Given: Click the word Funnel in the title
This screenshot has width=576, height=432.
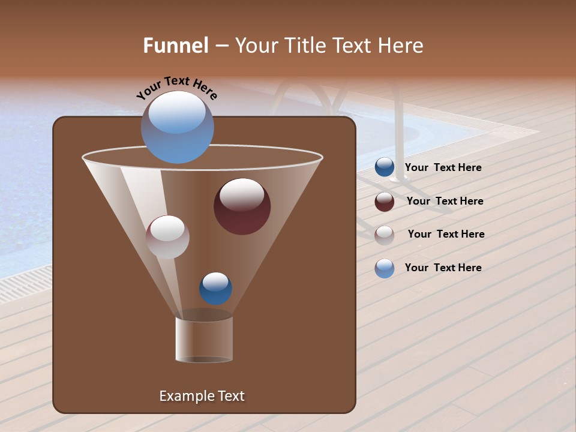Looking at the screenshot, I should (176, 46).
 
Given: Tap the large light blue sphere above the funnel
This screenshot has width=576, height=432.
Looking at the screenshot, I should (177, 128).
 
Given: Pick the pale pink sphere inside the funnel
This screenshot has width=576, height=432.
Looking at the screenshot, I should (167, 237).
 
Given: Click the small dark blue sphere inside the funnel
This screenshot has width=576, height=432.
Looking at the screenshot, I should (215, 289).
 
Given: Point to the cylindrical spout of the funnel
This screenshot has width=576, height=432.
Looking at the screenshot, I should (203, 340).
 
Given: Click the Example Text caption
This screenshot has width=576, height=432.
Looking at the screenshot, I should (202, 396).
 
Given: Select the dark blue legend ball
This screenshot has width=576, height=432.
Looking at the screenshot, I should (385, 167).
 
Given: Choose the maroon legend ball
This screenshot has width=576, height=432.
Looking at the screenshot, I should (385, 202).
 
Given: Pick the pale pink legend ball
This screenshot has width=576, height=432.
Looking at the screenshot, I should (385, 235).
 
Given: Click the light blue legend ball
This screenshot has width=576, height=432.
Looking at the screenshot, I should (385, 268).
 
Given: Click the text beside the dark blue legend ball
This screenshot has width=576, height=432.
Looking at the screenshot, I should (443, 168).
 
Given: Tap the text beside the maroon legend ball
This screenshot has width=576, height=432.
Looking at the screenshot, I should (445, 202).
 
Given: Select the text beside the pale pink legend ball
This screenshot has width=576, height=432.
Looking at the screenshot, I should (446, 235).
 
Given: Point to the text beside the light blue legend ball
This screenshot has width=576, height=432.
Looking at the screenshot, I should (443, 268).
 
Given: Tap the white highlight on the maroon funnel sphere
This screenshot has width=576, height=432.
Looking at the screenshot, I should (242, 194).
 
